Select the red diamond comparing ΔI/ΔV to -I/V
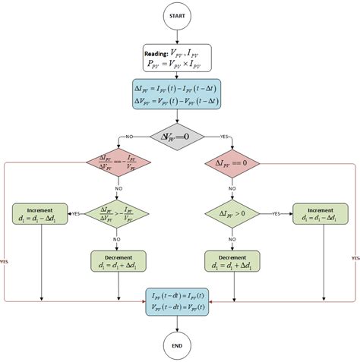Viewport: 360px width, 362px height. coord(118,164)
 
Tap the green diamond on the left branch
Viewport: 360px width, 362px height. coord(118,215)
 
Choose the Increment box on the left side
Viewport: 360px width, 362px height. coord(40,215)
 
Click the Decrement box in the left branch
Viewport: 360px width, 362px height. coord(118,262)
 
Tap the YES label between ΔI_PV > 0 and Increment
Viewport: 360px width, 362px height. coord(276,215)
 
